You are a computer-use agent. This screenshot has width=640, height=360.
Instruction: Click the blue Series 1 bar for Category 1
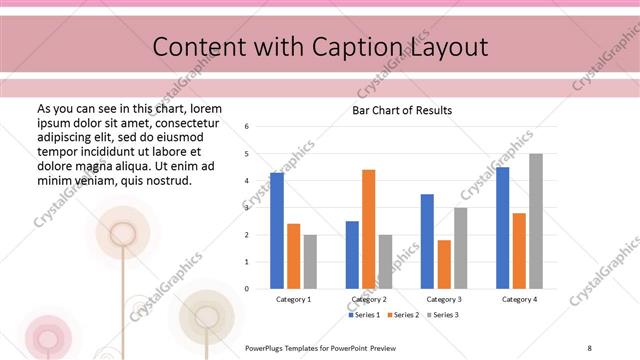(277, 231)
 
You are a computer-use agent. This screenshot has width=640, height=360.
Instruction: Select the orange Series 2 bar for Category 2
(368, 229)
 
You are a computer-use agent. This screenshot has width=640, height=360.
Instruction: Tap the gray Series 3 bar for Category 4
(536, 221)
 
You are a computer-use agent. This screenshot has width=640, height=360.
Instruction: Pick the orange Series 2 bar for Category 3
(444, 264)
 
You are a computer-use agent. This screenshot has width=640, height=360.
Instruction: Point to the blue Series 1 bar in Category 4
(502, 228)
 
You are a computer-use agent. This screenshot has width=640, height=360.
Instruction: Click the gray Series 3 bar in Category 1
(310, 262)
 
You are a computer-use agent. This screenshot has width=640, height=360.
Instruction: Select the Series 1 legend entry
(364, 315)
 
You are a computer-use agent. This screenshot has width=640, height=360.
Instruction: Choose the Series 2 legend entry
(403, 315)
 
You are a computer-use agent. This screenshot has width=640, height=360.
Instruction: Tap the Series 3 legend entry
(443, 315)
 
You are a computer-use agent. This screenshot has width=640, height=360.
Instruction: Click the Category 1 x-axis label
(293, 299)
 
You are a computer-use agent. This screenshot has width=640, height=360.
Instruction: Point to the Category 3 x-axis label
(444, 299)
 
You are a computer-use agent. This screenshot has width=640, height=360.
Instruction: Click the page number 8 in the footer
(589, 347)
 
